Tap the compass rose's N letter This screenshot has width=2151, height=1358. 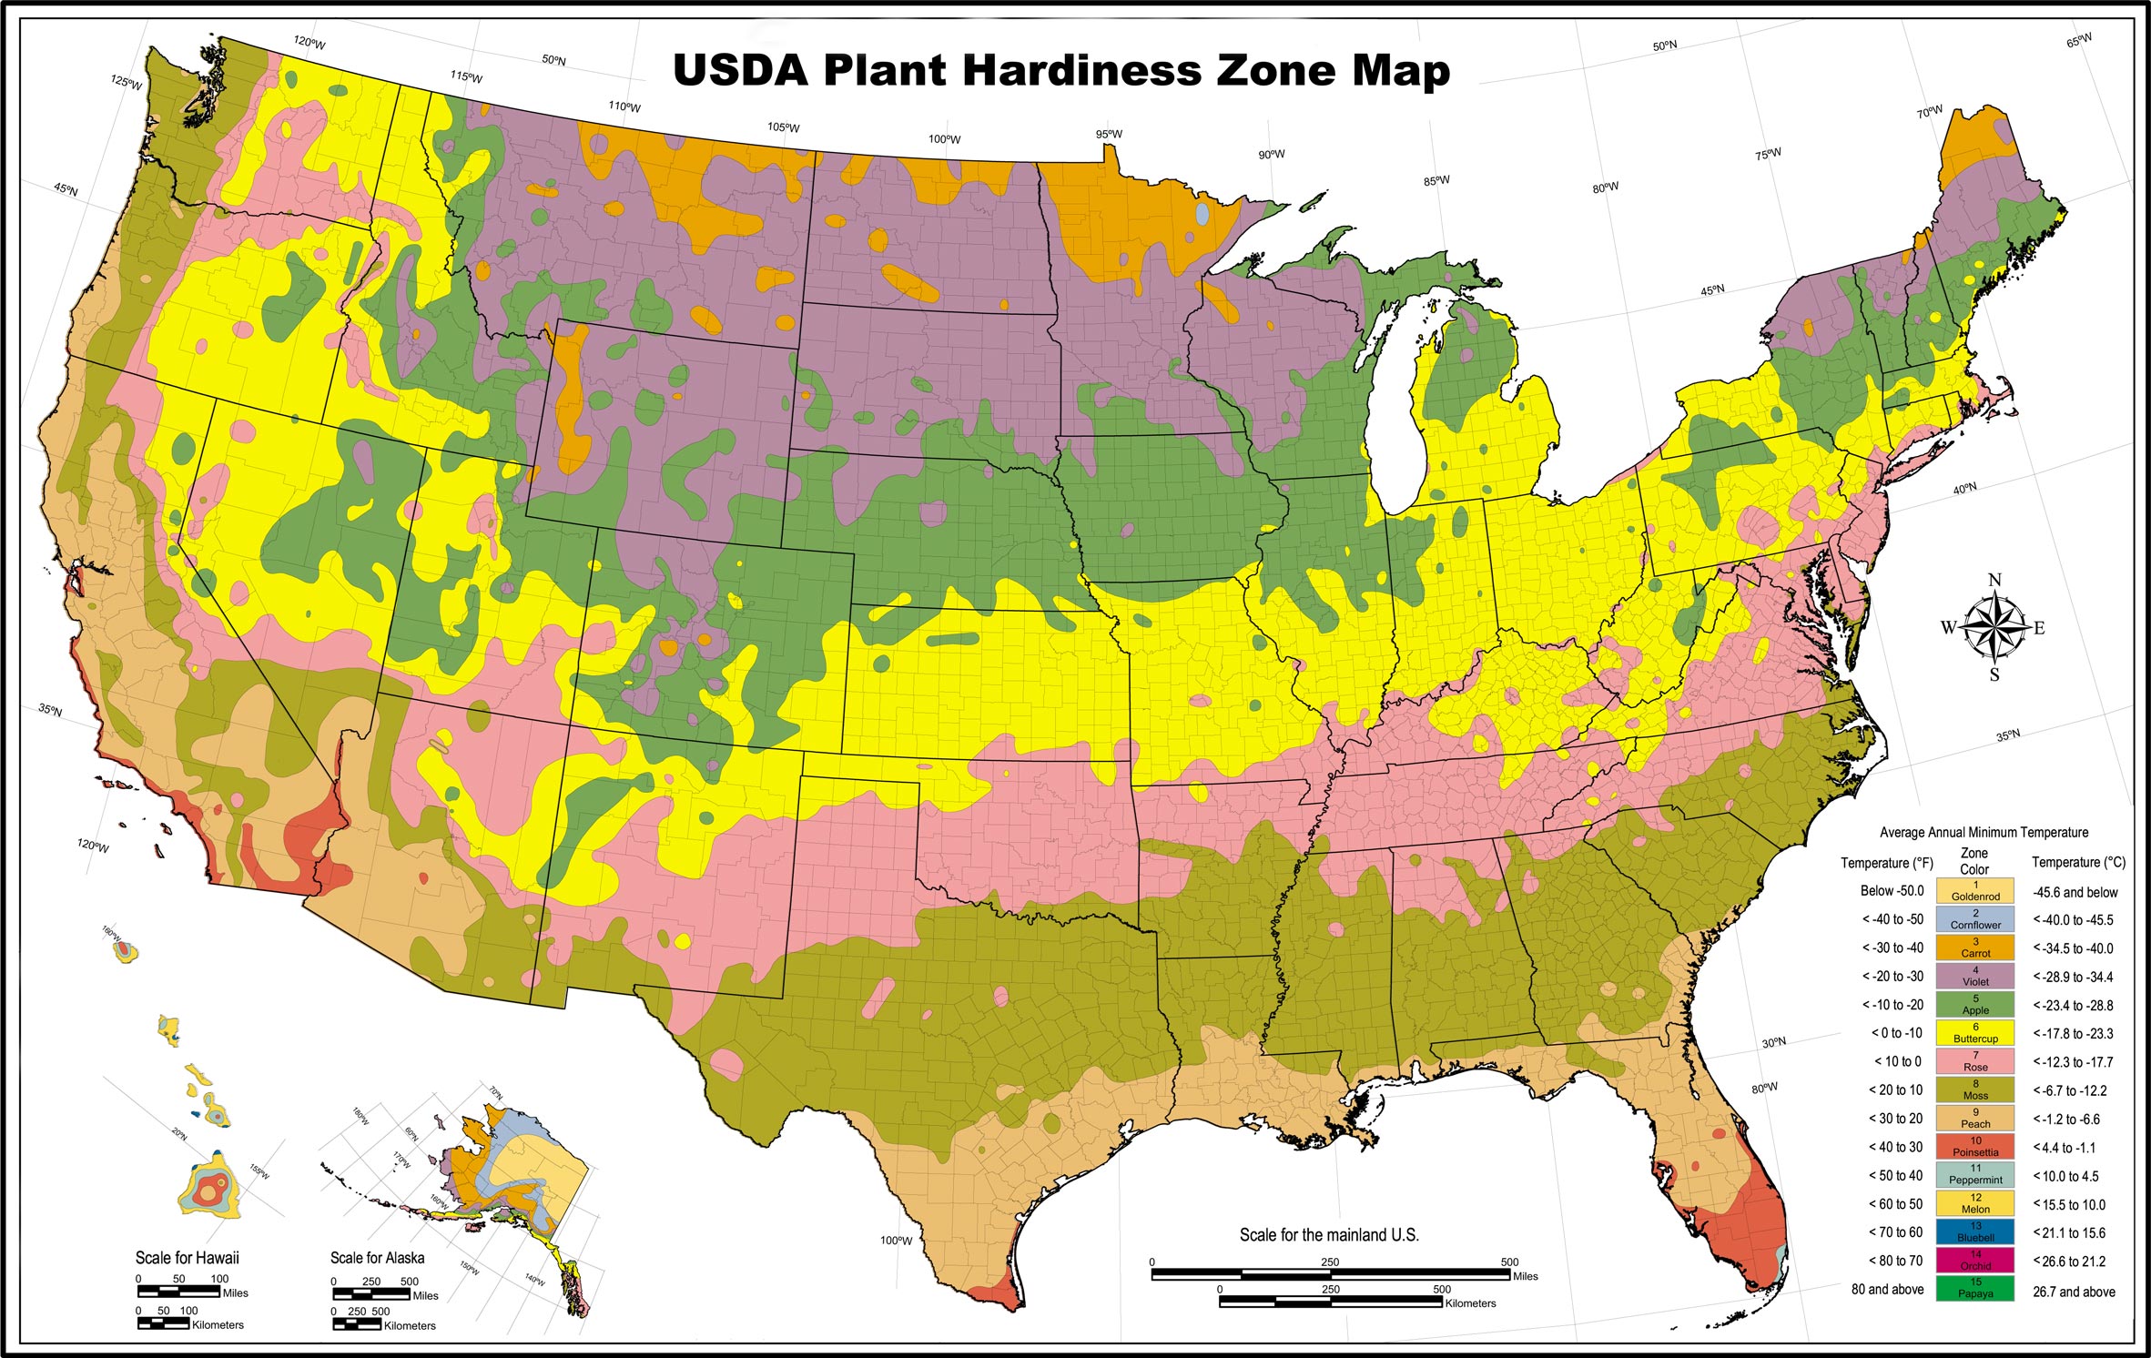point(1994,580)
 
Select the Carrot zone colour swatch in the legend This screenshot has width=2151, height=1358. point(1974,948)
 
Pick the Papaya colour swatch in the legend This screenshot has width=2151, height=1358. point(1974,1288)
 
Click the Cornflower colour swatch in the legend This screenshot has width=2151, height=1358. point(1974,918)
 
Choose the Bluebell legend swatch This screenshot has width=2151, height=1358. point(1974,1231)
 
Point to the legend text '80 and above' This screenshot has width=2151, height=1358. point(1887,1290)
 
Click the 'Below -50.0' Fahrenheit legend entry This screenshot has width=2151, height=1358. point(1892,891)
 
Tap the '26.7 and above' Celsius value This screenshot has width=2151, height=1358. point(2074,1292)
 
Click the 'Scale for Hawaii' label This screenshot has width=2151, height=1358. point(187,1258)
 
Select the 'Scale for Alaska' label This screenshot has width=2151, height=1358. point(377,1258)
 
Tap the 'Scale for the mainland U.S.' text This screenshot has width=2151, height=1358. point(1328,1235)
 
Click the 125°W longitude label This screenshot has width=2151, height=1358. point(127,83)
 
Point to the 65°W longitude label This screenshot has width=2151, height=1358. point(2079,41)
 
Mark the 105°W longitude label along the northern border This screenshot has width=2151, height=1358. point(783,127)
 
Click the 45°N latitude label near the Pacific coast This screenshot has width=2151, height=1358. point(66,189)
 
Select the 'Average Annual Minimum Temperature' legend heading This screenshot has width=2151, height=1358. point(1984,832)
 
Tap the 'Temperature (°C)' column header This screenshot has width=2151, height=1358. point(2078,862)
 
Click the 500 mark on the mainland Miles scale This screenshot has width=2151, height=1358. point(1509,1262)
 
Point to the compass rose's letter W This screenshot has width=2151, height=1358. point(1948,627)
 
